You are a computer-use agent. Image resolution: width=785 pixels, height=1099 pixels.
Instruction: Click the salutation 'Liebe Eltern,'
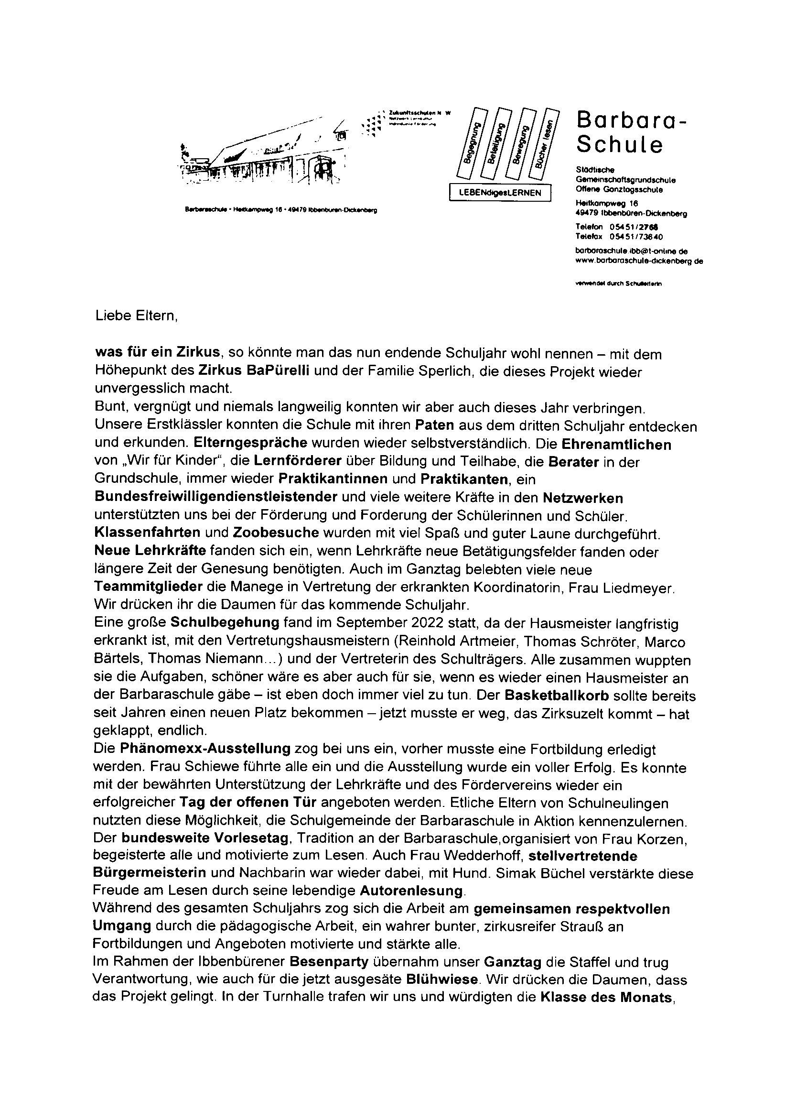pos(137,316)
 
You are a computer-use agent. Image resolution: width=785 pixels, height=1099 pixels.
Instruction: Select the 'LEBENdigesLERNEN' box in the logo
pos(500,193)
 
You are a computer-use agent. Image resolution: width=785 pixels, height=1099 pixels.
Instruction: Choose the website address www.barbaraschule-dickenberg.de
pos(639,261)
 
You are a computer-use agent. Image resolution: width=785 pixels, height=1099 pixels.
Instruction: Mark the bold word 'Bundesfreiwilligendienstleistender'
pos(215,497)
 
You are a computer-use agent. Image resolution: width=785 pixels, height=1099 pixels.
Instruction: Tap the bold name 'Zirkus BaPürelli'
pos(254,371)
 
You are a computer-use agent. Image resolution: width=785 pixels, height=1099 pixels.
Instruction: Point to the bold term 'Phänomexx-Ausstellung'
pos(205,750)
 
